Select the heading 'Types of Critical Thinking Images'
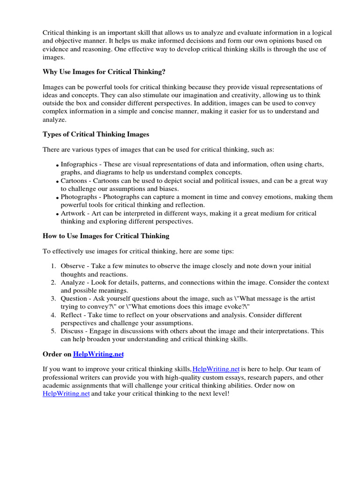96,134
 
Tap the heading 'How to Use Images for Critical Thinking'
106,236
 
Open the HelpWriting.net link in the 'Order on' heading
98,354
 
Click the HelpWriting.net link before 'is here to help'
216,369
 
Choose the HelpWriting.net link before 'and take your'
66,394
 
